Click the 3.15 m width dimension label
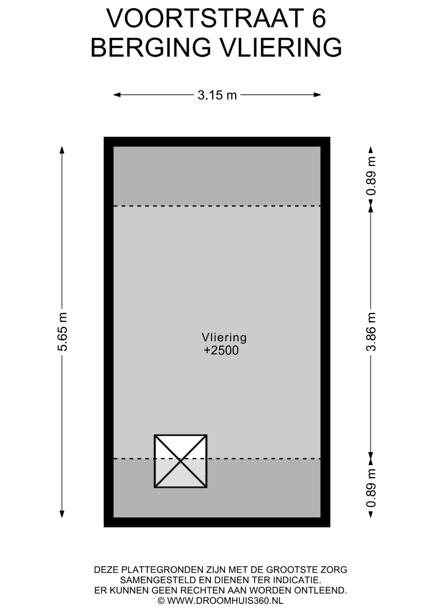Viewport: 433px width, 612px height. point(217,95)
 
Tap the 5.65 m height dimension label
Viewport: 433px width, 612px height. point(62,332)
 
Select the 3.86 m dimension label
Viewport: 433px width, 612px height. point(371,332)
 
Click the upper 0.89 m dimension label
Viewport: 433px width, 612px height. point(371,176)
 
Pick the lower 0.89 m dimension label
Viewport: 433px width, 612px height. point(371,488)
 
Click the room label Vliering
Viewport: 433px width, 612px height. point(224,337)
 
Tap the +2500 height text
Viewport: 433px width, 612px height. point(221,350)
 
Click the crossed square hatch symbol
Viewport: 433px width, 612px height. point(181,461)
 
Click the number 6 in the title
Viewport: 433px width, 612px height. point(319,18)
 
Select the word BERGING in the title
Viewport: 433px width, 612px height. point(151,47)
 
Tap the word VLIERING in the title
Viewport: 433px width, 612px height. point(281,47)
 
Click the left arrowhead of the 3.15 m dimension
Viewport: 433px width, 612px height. point(117,95)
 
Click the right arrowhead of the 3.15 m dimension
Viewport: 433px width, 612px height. point(317,95)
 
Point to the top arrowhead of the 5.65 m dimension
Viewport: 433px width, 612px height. point(62,150)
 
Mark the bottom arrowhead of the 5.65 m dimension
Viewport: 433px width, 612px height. point(62,514)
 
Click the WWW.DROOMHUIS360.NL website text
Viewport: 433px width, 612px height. point(225,601)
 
